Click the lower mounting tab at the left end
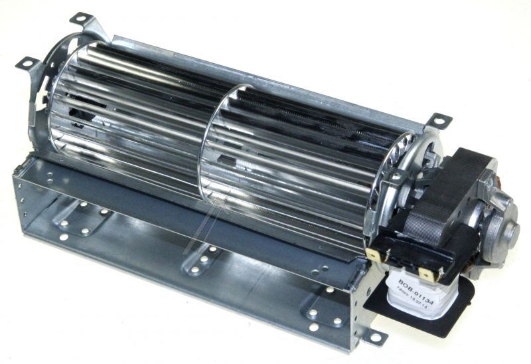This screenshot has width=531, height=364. (27, 62)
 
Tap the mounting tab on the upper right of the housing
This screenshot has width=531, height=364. (439, 121)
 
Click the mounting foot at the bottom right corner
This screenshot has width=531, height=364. (376, 339)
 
